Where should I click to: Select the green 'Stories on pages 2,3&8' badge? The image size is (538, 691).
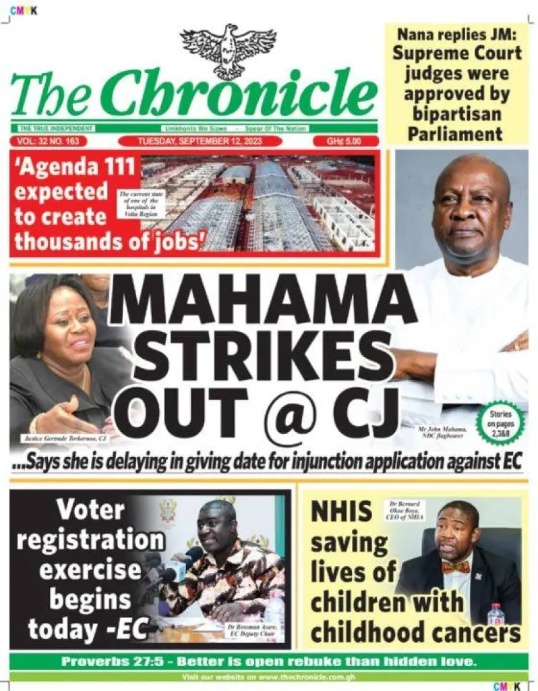coord(500,423)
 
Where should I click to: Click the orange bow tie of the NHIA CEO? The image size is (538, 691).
coord(455,565)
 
